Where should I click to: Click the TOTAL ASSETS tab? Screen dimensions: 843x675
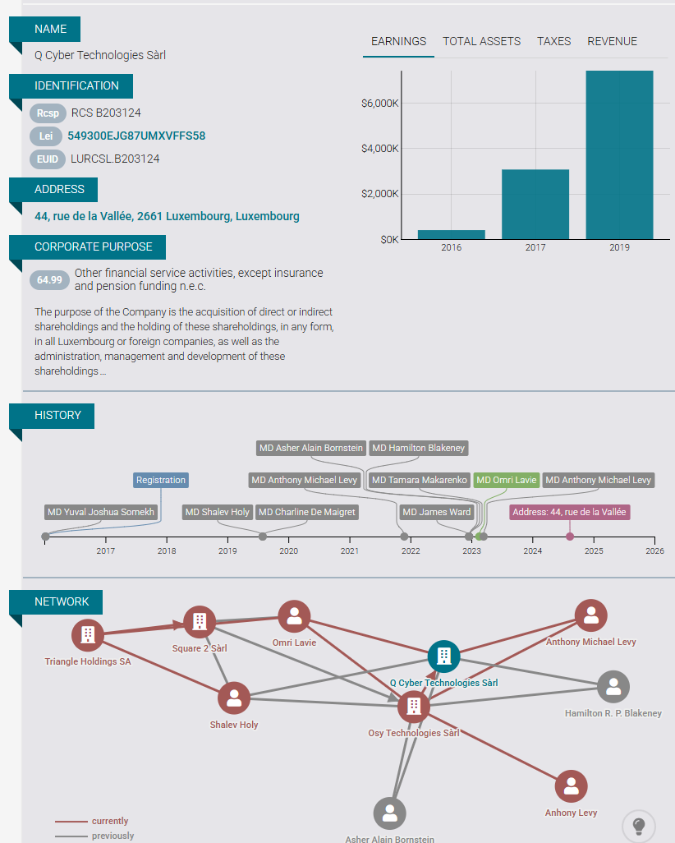(481, 41)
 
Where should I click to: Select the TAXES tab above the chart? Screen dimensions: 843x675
(553, 41)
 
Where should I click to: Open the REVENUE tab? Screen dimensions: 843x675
(612, 41)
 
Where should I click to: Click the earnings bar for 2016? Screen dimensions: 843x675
(451, 234)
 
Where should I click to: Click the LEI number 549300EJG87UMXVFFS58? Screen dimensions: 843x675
(136, 136)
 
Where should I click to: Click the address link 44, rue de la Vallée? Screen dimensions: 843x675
(167, 217)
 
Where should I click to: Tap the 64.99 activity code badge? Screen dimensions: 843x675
(50, 280)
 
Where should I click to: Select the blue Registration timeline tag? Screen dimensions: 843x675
(161, 480)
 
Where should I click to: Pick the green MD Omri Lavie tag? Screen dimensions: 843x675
(507, 480)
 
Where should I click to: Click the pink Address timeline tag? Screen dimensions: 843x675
(569, 512)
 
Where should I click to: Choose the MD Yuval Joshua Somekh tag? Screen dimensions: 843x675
(100, 512)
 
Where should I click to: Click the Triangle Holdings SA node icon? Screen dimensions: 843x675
(87, 634)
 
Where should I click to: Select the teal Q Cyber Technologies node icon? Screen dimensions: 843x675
(443, 656)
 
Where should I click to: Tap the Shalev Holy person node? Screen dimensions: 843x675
(233, 698)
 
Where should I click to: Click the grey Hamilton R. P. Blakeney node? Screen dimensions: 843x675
(613, 686)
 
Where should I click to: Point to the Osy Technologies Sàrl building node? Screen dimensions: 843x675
(413, 706)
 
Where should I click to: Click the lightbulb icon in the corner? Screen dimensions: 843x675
(638, 825)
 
